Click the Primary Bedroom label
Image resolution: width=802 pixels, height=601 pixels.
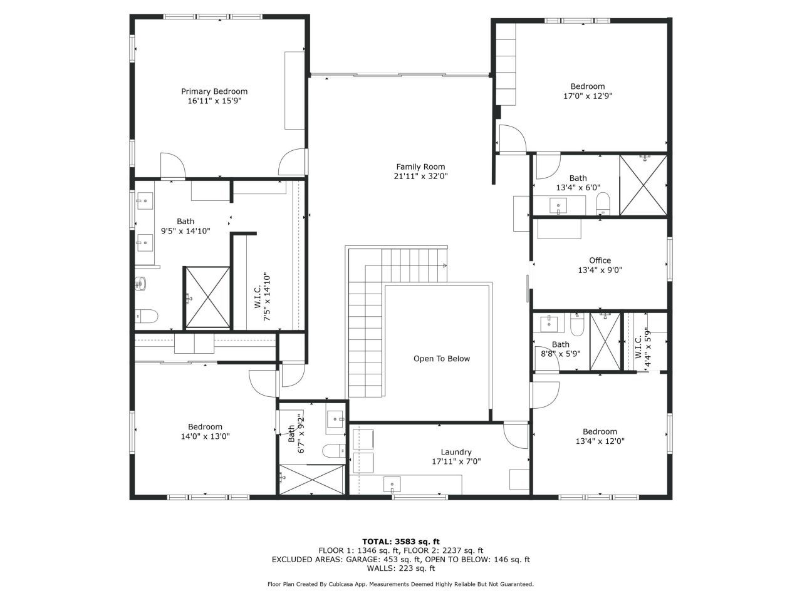click(214, 91)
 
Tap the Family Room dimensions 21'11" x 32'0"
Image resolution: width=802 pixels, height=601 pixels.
click(420, 176)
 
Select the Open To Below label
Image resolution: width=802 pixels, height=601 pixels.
click(441, 359)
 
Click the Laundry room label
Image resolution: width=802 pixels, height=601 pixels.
click(456, 452)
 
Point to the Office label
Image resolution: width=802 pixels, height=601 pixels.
click(600, 260)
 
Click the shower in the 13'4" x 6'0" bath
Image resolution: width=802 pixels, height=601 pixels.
click(643, 185)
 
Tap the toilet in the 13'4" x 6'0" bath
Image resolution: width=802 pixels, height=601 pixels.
click(603, 203)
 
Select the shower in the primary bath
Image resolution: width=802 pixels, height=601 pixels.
click(207, 297)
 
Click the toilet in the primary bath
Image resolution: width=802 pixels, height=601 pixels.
click(146, 317)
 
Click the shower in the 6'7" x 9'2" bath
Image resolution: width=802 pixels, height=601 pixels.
click(311, 480)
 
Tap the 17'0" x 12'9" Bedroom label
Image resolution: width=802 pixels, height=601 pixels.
click(587, 86)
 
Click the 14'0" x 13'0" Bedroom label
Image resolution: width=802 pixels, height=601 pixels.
click(205, 427)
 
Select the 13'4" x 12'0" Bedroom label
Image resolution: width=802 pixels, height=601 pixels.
click(600, 431)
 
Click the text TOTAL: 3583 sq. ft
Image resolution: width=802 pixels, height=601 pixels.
click(401, 542)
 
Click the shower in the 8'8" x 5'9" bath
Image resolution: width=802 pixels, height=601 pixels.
click(605, 342)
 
